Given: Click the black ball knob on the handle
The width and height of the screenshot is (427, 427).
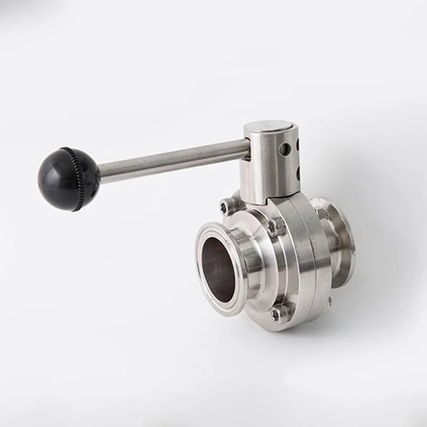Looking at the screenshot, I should [66, 178].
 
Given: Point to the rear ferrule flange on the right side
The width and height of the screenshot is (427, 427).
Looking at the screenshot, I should [342, 240].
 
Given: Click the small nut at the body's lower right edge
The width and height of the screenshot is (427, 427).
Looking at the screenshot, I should [329, 301].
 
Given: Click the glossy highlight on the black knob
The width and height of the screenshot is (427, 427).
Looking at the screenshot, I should [53, 170].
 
